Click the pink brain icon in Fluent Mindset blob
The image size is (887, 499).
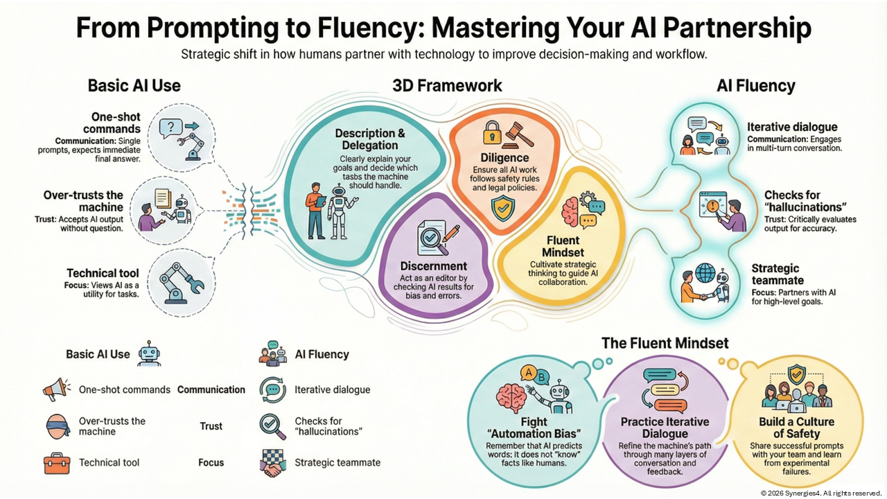[571, 210]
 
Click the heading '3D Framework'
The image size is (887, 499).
[447, 86]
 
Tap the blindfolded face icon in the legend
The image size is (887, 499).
[58, 426]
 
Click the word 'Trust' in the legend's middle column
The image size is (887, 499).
[211, 426]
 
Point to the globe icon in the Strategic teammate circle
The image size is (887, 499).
[706, 272]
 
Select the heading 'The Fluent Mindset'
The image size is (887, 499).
[665, 342]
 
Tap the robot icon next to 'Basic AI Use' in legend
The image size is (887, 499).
[148, 353]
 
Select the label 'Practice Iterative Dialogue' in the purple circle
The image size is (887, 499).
[665, 428]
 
